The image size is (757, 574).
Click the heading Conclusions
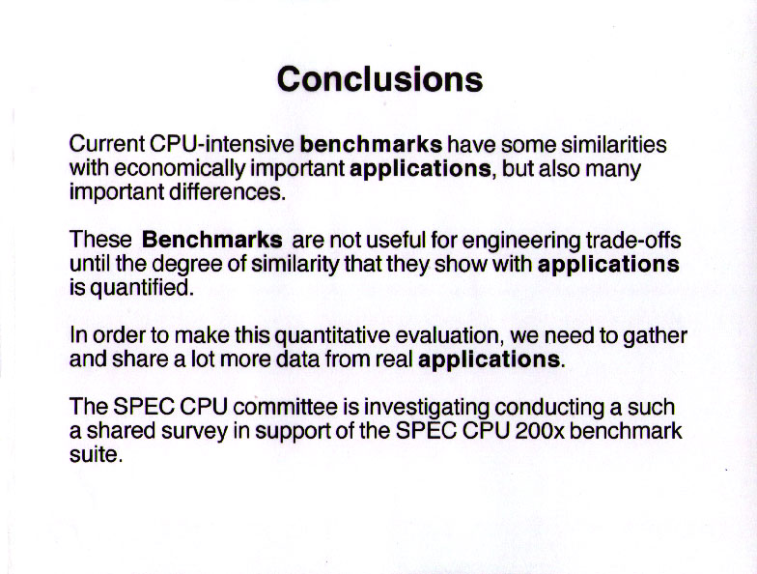379,79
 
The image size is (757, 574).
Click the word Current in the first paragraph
106,144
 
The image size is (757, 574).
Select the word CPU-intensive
222,144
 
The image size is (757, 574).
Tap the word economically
180,168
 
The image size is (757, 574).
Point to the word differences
227,191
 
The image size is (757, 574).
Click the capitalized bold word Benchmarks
212,240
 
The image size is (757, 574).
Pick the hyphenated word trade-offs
633,240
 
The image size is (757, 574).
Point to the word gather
655,336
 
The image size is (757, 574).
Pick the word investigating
427,408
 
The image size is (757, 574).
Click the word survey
194,432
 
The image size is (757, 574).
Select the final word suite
97,454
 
